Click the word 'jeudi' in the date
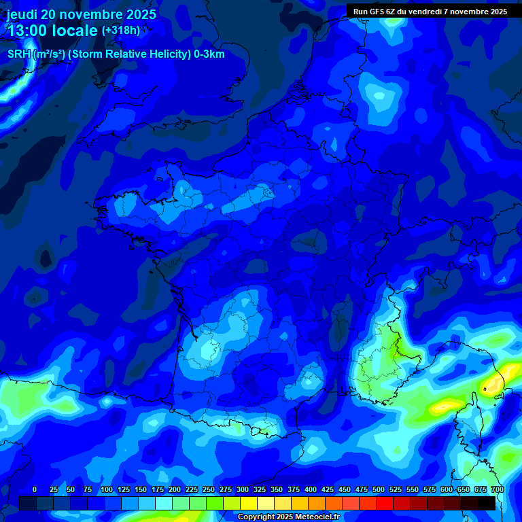pyautogui.click(x=22, y=14)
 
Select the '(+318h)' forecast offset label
pyautogui.click(x=120, y=31)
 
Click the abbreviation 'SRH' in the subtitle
pyautogui.click(x=19, y=54)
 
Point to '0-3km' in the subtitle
pyautogui.click(x=209, y=54)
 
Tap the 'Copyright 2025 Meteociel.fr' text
pyautogui.click(x=289, y=517)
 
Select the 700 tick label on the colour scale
pyautogui.click(x=497, y=489)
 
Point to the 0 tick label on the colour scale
pyautogui.click(x=34, y=489)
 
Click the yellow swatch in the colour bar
pyautogui.click(x=249, y=503)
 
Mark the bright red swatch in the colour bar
pyautogui.click(x=385, y=503)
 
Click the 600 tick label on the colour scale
pyautogui.click(x=447, y=489)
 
